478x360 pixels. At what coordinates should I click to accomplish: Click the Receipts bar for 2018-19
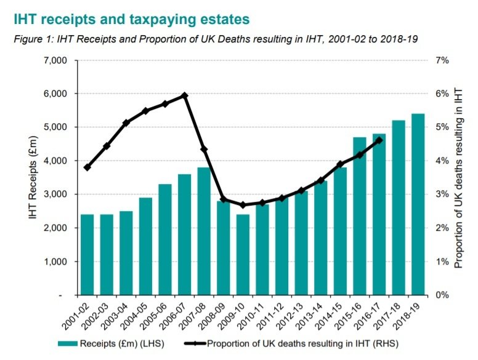[x=417, y=204]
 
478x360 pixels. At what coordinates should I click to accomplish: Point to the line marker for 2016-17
[x=378, y=140]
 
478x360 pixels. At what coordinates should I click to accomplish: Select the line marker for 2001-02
[x=87, y=167]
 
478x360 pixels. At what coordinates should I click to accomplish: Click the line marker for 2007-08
[x=204, y=150]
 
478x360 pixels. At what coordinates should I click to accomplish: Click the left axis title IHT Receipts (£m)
[x=32, y=177]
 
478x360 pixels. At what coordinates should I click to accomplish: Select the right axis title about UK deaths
[x=458, y=177]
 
